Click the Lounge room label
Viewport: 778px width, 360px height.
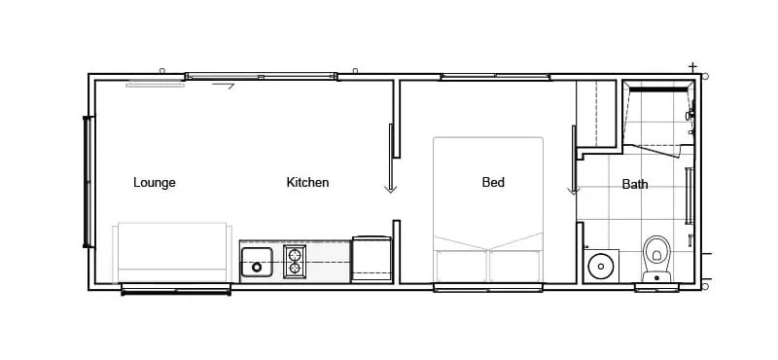coord(155,183)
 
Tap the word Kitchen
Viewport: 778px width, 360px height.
coord(307,182)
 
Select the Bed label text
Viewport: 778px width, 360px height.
coord(493,182)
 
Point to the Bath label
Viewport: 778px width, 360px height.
coord(635,184)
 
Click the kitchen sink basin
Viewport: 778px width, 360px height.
coord(257,262)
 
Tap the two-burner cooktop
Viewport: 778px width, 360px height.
coord(295,261)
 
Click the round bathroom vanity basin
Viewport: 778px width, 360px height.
coord(601,266)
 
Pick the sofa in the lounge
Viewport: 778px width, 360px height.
coord(172,253)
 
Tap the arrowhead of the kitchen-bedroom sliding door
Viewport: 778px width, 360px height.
coord(391,189)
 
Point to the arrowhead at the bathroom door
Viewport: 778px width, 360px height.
coord(573,191)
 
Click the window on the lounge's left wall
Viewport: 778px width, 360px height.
coord(88,181)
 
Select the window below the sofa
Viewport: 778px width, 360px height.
coord(176,289)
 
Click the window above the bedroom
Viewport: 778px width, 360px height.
coord(495,77)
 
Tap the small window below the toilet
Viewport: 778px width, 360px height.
coord(656,287)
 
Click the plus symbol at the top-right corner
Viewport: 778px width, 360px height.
coord(692,66)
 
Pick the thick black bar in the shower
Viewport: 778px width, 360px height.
coord(659,90)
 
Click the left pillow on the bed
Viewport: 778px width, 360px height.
coord(460,266)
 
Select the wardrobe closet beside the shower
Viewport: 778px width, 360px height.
coord(596,113)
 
